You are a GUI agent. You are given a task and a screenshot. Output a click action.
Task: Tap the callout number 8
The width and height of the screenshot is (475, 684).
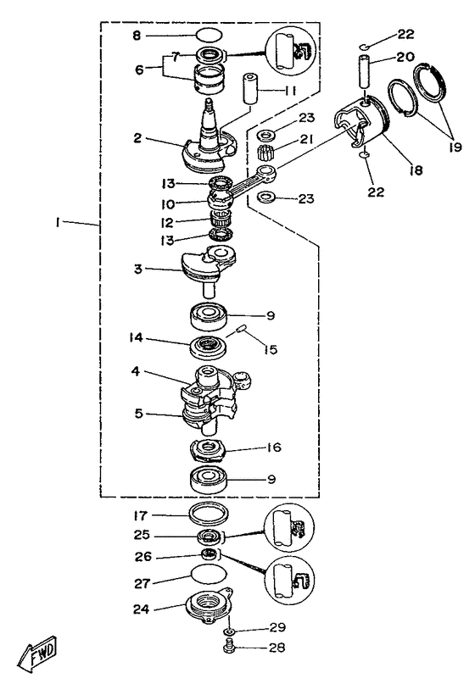(x=137, y=35)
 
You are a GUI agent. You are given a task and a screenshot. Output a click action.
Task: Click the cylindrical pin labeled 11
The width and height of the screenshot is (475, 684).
(x=249, y=88)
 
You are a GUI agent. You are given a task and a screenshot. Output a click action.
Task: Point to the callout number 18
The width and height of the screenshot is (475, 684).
(x=417, y=170)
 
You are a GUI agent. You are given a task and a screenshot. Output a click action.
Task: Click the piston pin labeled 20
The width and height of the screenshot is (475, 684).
(x=366, y=70)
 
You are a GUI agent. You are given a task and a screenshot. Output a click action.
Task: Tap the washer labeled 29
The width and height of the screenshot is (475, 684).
(x=230, y=631)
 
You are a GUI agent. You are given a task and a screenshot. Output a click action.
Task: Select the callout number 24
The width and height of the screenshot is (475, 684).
(x=142, y=609)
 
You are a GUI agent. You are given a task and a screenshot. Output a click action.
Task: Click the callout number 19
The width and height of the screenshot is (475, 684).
(x=455, y=147)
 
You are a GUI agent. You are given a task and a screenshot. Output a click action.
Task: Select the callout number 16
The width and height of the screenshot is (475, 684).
(x=274, y=448)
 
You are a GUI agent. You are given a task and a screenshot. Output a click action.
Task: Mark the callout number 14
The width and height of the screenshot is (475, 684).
(x=136, y=337)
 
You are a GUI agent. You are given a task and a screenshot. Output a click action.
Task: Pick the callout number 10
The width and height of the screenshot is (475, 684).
(x=168, y=204)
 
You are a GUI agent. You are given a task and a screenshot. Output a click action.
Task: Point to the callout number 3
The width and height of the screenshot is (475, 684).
(x=138, y=269)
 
